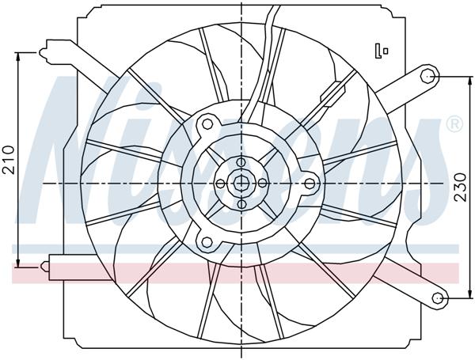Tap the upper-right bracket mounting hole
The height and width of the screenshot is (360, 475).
428,76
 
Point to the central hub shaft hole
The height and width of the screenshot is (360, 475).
241,183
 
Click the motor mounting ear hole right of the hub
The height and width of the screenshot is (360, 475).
310,183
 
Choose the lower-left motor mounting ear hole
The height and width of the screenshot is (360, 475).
207,242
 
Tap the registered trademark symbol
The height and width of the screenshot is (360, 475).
454,124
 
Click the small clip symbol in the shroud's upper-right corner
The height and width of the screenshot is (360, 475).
383,50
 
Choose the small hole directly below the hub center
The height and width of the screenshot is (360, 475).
241,204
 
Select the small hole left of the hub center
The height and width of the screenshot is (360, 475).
219,183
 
